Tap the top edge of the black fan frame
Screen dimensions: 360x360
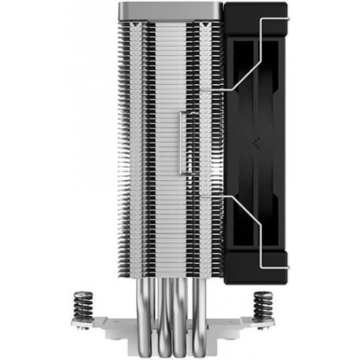259,6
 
